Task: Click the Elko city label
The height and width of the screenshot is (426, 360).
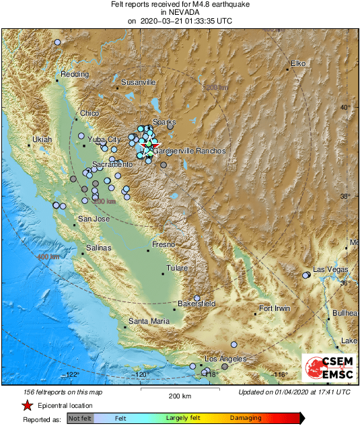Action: (298, 63)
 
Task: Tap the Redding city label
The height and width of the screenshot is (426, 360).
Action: (74, 74)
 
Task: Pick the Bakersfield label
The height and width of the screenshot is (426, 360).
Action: (196, 304)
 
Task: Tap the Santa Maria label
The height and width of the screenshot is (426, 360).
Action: (149, 321)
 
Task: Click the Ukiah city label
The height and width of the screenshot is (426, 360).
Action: (42, 139)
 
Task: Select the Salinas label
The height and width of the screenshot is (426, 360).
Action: (98, 248)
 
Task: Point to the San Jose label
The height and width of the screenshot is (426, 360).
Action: (94, 219)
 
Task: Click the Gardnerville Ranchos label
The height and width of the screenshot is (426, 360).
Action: (189, 151)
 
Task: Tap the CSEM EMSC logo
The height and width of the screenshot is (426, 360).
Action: (328, 367)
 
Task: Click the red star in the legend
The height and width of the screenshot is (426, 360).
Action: (27, 405)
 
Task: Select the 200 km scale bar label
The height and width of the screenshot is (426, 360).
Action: (180, 396)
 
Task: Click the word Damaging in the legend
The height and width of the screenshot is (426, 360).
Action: (246, 418)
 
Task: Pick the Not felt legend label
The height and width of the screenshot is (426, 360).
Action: (81, 418)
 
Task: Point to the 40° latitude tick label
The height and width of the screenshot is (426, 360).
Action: (345, 108)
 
